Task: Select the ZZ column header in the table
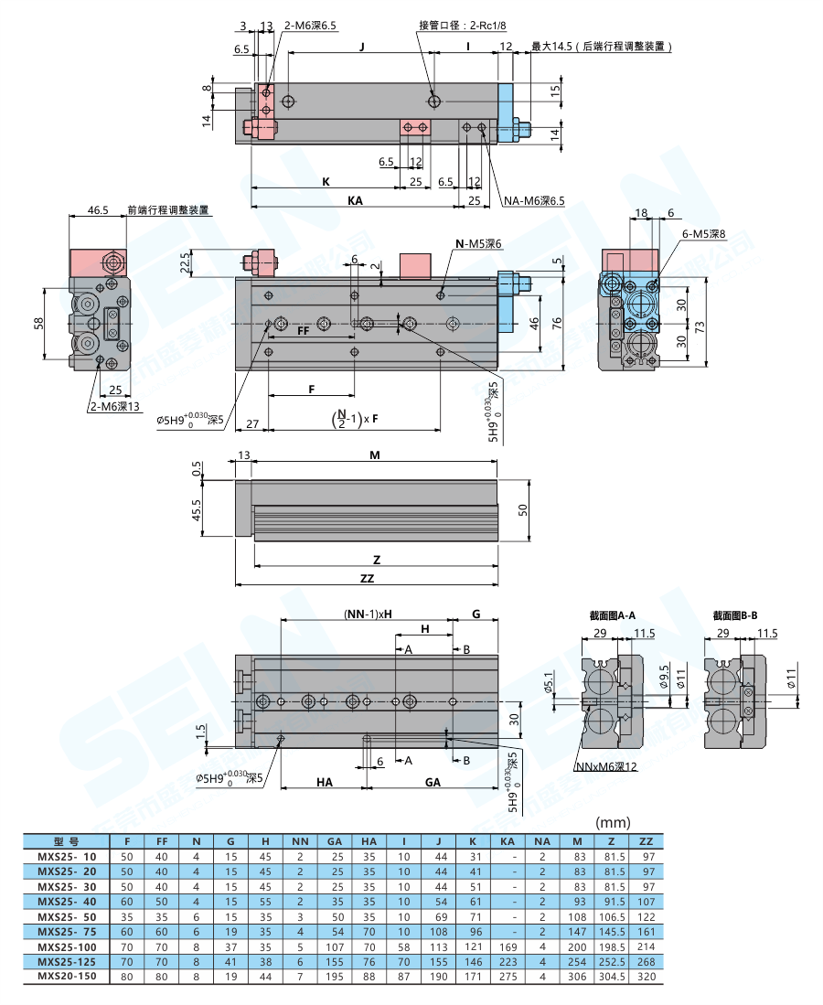click(x=646, y=841)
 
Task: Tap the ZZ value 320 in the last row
click(x=646, y=977)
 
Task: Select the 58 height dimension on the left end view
click(x=37, y=325)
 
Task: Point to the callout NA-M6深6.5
click(x=535, y=200)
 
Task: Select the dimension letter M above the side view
click(x=374, y=454)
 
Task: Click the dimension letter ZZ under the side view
click(x=367, y=578)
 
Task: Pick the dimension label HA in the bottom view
click(x=324, y=782)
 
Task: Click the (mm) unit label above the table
click(x=611, y=822)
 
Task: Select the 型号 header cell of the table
click(x=66, y=841)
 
